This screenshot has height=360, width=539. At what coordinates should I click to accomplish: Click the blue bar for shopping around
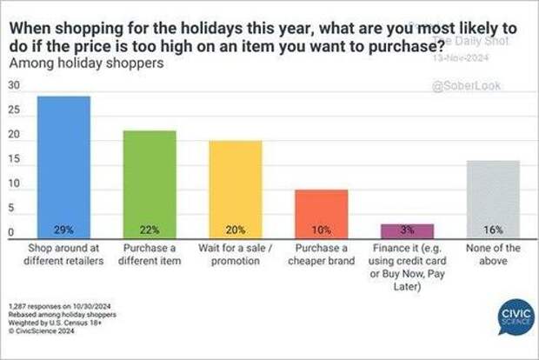pyautogui.click(x=64, y=165)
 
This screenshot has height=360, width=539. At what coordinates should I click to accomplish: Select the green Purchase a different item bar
pyautogui.click(x=150, y=183)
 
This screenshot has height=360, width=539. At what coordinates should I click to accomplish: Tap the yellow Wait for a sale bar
pyautogui.click(x=235, y=187)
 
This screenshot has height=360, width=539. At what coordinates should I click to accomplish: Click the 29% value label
pyautogui.click(x=64, y=230)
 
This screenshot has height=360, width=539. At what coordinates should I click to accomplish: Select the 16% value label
pyautogui.click(x=492, y=230)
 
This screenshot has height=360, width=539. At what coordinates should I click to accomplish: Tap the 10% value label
pyautogui.click(x=322, y=230)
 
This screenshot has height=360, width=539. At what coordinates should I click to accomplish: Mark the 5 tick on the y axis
pyautogui.click(x=12, y=209)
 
